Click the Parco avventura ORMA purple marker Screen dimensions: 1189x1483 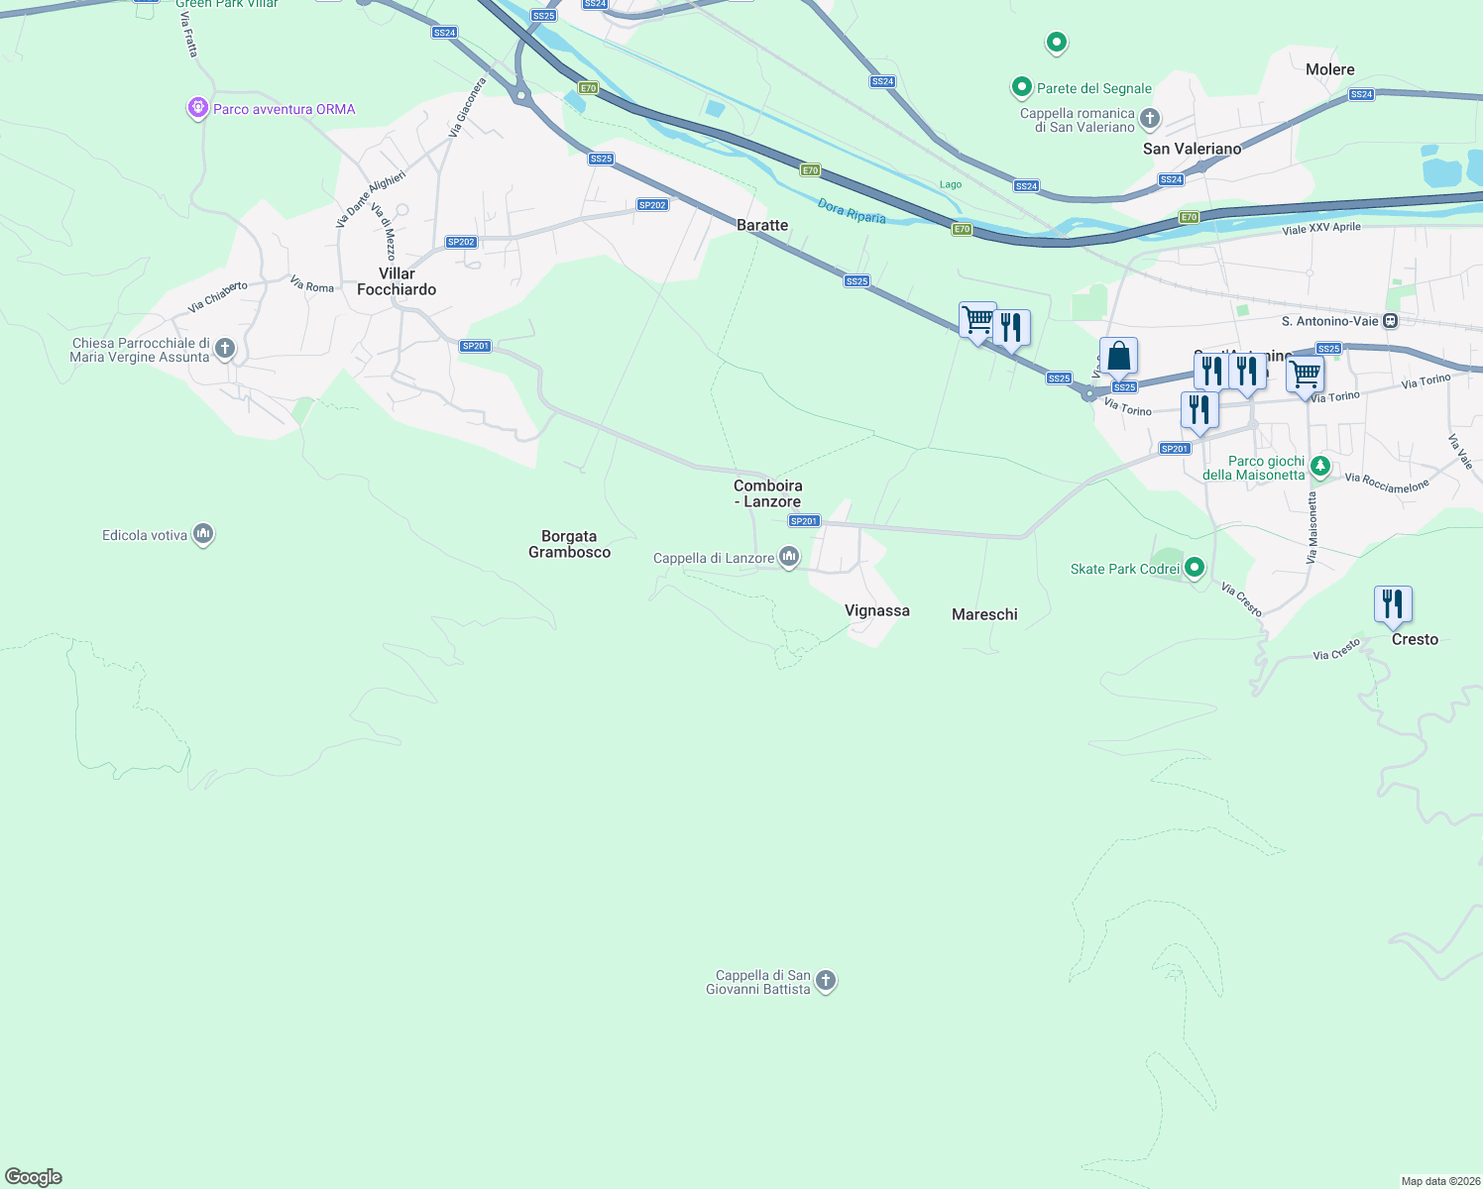coord(197,108)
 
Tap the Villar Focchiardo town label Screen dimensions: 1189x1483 coord(397,281)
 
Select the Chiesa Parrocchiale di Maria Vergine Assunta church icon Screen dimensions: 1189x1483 coord(225,348)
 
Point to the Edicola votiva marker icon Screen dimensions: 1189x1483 coord(203,534)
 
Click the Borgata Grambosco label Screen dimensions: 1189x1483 coord(569,544)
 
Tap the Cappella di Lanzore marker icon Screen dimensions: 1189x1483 coord(789,557)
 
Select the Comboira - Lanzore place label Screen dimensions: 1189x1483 coord(768,493)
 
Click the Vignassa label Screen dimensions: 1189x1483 coord(876,610)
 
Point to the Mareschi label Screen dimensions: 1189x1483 coord(984,614)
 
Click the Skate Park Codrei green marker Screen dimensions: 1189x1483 coord(1195,568)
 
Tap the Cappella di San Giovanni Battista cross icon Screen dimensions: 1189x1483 coord(825,981)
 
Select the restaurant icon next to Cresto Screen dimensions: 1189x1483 coord(1393,603)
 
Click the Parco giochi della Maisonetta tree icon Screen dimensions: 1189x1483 coord(1319,466)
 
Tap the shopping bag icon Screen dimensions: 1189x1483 coord(1118,356)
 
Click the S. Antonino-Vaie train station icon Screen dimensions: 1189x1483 coord(1390,320)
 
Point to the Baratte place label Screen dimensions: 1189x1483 coord(762,225)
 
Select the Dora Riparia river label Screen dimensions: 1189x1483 coord(852,211)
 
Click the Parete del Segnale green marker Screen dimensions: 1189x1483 coord(1021,87)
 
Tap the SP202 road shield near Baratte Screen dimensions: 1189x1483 coord(652,205)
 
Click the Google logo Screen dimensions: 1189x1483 coord(34,1177)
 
